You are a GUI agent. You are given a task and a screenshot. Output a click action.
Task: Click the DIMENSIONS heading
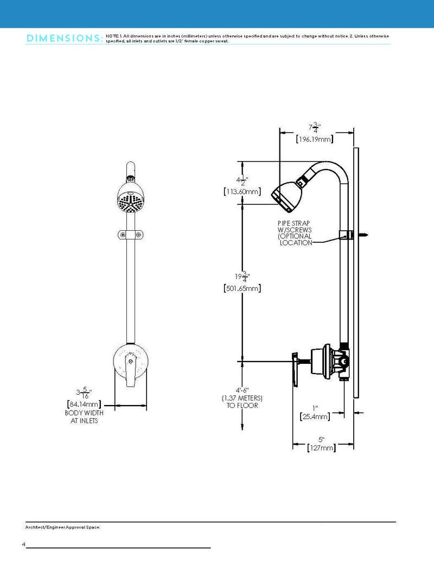coord(64,39)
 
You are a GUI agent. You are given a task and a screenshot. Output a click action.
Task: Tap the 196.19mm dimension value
coord(315,140)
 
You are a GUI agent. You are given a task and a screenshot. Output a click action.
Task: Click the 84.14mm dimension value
coord(83,404)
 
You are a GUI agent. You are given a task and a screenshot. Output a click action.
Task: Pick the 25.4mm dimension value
coord(315,416)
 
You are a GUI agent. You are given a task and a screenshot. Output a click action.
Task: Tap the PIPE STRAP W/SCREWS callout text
coord(296,232)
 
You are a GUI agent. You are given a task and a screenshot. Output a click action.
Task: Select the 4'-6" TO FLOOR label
coord(242,398)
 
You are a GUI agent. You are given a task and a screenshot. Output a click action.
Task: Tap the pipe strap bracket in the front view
coord(130,235)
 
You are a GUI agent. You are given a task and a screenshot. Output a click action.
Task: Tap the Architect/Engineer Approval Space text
coord(63,527)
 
